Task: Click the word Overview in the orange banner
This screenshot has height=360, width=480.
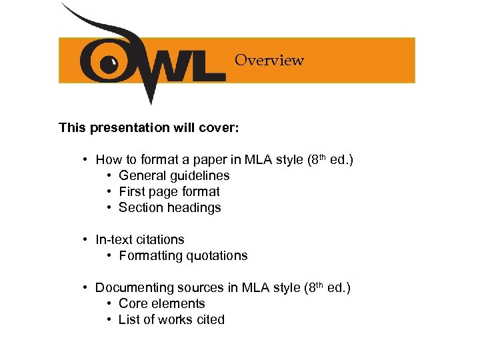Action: pyautogui.click(x=269, y=60)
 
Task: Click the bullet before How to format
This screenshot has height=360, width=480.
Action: pyautogui.click(x=86, y=160)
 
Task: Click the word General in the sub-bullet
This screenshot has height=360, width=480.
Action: pyautogui.click(x=143, y=176)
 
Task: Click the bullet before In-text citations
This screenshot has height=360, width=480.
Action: pyautogui.click(x=86, y=240)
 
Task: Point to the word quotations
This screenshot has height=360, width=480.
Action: pyautogui.click(x=217, y=256)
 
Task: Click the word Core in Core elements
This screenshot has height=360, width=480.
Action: pyautogui.click(x=133, y=304)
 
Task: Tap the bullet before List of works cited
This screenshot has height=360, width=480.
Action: pyautogui.click(x=109, y=320)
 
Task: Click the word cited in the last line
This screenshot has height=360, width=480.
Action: pyautogui.click(x=209, y=320)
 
